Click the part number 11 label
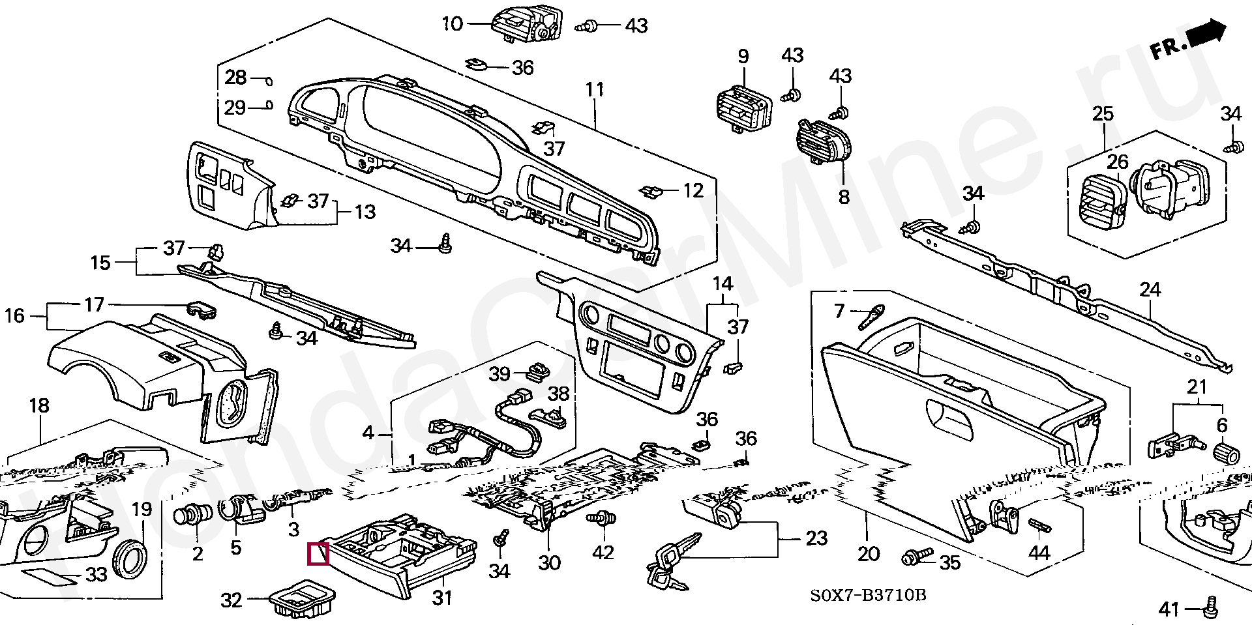click(595, 89)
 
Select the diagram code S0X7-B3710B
click(869, 596)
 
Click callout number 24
click(1150, 290)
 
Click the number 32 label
click(231, 600)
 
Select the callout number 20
click(868, 554)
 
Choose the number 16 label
click(14, 316)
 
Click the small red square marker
click(318, 553)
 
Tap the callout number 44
click(1039, 553)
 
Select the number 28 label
click(235, 78)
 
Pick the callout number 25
click(1103, 114)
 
